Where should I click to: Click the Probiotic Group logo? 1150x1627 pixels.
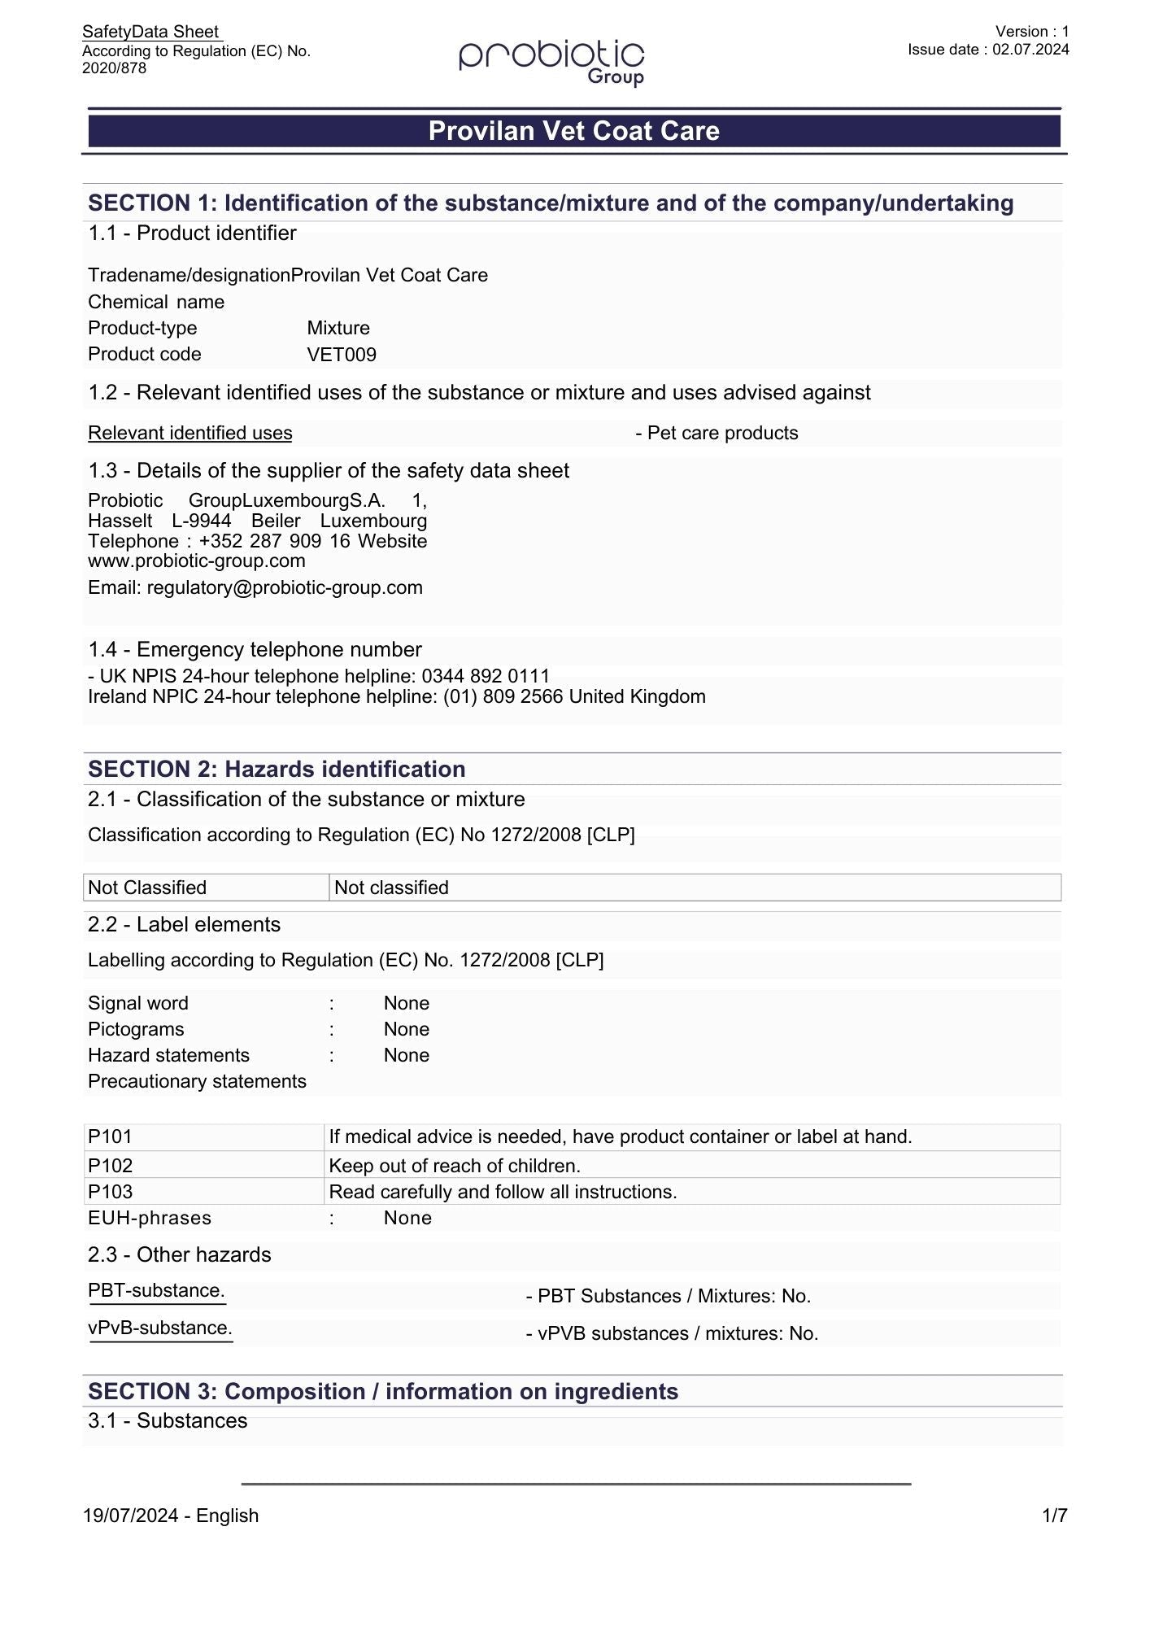(x=551, y=61)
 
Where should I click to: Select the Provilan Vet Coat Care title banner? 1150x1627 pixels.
(x=574, y=131)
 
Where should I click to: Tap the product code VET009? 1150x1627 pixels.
(x=342, y=355)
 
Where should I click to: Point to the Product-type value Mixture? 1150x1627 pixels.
(x=338, y=328)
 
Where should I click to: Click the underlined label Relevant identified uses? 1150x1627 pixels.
(x=189, y=433)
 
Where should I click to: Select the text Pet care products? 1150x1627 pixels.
(x=722, y=433)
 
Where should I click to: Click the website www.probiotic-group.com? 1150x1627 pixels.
(x=197, y=561)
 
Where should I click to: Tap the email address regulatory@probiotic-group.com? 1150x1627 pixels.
(x=285, y=587)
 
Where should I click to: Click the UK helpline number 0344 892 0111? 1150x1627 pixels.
(x=486, y=676)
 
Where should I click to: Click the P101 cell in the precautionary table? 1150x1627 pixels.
(x=203, y=1136)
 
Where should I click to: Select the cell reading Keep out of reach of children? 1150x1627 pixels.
(x=455, y=1166)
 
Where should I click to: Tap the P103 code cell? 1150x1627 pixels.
(x=203, y=1192)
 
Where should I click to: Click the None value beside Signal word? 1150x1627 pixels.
(x=406, y=1003)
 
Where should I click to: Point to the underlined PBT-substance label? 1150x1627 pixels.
(x=156, y=1290)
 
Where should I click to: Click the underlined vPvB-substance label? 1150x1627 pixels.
(x=160, y=1328)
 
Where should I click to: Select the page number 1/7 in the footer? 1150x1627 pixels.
(x=1054, y=1516)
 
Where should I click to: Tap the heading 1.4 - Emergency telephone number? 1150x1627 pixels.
(x=255, y=649)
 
